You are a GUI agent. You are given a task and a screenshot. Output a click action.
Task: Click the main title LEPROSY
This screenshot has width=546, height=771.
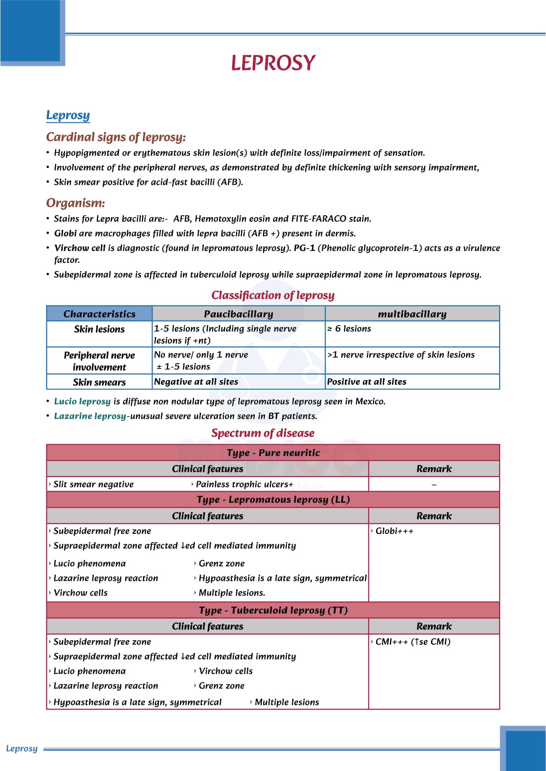point(273,63)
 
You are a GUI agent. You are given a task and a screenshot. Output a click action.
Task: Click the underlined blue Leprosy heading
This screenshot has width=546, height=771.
point(68,115)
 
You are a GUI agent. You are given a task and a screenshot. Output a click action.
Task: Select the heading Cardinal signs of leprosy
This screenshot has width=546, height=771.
point(116,137)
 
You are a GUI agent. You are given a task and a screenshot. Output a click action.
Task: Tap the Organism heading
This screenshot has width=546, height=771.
point(76,203)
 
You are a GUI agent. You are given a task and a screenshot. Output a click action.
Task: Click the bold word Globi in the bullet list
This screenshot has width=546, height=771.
point(66,233)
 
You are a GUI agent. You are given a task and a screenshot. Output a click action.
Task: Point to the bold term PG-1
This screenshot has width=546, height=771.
point(304,248)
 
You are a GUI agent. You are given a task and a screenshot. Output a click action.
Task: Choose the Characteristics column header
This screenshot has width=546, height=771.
point(99,314)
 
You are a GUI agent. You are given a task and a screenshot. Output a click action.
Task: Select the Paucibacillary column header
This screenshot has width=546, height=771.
point(238,314)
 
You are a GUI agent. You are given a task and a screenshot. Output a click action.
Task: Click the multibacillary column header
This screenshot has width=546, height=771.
point(412,314)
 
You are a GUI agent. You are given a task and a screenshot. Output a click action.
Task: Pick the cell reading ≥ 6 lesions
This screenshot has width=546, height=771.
point(349,329)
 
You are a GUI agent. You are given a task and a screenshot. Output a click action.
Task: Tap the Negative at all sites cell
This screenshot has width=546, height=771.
point(196,382)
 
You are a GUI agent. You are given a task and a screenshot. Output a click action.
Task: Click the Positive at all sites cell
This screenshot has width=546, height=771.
point(366,382)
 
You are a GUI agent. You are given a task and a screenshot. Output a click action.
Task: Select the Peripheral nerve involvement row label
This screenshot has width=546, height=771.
point(99,361)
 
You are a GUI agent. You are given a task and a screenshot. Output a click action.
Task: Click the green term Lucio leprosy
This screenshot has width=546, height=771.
point(82,402)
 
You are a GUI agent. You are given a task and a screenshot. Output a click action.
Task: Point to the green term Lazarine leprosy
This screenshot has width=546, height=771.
point(90,416)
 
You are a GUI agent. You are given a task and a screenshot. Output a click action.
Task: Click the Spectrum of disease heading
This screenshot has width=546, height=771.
point(263,433)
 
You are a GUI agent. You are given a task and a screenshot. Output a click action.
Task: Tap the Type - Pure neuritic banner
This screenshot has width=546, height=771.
point(273,453)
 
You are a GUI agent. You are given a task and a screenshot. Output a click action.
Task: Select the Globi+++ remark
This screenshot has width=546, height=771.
point(394,531)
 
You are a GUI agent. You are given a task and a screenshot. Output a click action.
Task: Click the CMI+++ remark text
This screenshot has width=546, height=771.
point(413,642)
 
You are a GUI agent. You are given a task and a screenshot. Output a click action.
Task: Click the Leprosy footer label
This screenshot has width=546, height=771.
point(22,749)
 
